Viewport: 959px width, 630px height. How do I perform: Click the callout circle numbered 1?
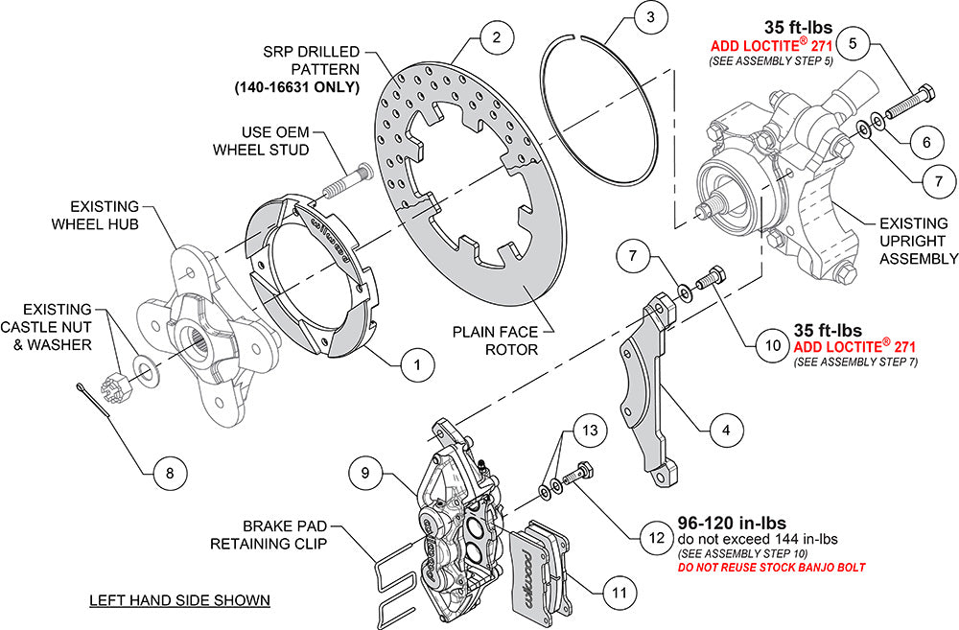tap(417, 364)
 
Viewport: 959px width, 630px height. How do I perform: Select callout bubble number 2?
tap(496, 39)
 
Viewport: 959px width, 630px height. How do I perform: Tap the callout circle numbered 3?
tap(650, 17)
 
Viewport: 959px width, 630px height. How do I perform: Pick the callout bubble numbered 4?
tap(726, 431)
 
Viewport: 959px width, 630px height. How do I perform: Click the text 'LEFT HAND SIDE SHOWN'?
tap(179, 601)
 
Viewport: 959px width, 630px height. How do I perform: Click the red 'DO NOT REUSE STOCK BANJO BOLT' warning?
tap(771, 568)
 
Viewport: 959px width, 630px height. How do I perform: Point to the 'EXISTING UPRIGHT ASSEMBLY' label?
tap(918, 241)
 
